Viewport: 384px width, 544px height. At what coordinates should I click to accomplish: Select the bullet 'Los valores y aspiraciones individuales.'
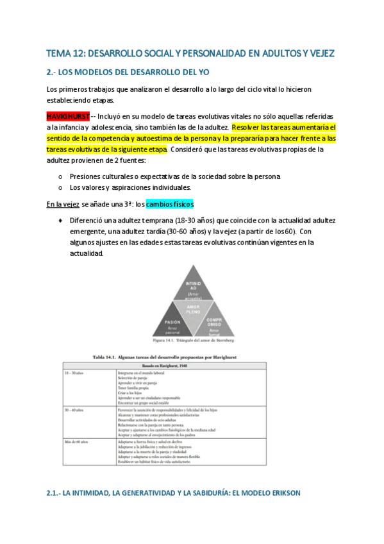(x=129, y=187)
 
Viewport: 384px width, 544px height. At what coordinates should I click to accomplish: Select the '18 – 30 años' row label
(x=76, y=371)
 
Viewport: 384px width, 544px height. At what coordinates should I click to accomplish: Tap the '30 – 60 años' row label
(x=76, y=409)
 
